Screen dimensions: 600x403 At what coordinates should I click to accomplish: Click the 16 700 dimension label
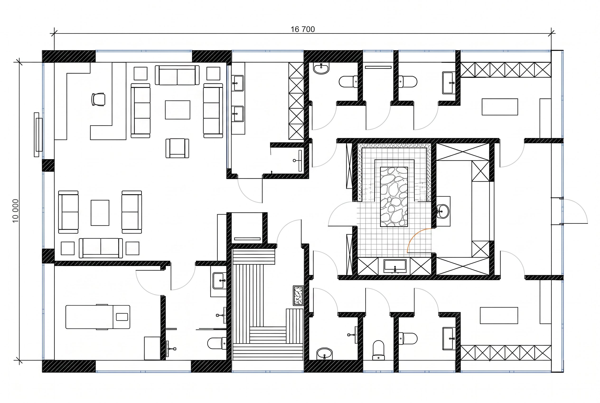[302, 29]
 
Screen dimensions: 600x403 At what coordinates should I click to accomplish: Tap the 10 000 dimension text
[15, 211]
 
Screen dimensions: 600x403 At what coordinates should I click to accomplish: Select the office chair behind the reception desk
[98, 99]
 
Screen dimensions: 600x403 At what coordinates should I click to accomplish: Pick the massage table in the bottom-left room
[98, 317]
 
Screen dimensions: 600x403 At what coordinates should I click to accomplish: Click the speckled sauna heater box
[298, 296]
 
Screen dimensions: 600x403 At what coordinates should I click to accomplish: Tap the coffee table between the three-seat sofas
[177, 110]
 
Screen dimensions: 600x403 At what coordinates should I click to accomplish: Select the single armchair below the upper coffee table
[177, 148]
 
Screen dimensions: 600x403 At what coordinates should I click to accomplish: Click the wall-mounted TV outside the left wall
[38, 135]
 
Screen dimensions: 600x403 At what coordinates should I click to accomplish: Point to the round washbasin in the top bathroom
[321, 69]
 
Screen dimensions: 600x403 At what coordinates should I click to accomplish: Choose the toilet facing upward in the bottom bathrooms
[378, 350]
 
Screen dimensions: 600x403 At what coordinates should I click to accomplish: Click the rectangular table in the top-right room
[500, 107]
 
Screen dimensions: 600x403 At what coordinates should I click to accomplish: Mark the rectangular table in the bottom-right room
[499, 315]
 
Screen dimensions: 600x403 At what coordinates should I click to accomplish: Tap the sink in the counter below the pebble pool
[395, 266]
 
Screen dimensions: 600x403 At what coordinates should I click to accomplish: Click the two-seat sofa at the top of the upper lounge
[177, 75]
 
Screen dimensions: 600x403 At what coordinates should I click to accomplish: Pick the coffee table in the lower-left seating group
[100, 213]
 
